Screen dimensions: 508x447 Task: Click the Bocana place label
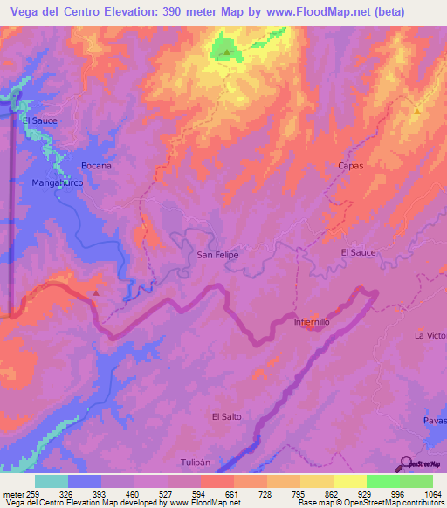96,165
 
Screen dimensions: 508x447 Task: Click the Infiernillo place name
311,321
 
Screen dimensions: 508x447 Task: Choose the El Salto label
226,416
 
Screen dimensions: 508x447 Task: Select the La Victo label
430,335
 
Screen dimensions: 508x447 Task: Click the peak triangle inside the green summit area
227,52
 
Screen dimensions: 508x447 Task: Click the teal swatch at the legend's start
52,481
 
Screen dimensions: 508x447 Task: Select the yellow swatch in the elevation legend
349,481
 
